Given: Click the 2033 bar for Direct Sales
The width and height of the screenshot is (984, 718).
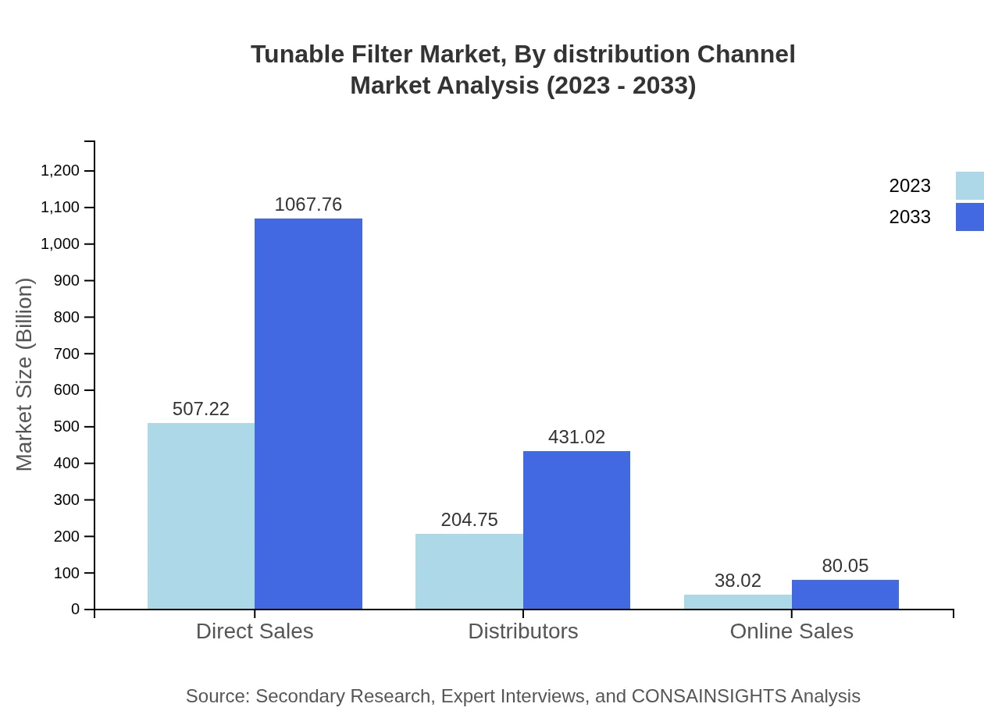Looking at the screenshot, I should tap(308, 414).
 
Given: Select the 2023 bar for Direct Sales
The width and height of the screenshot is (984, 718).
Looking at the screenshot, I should tap(201, 516).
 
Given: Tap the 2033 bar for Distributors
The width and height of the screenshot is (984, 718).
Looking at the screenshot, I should tap(576, 530).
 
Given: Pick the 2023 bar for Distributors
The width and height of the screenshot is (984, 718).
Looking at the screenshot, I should tap(469, 571).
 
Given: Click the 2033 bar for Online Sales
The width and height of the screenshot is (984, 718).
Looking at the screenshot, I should tap(845, 595).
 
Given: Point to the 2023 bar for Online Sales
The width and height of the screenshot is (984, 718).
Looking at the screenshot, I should tap(738, 602).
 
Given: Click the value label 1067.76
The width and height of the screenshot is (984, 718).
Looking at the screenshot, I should tap(308, 204).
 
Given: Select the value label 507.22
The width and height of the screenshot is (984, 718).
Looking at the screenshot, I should tap(201, 409).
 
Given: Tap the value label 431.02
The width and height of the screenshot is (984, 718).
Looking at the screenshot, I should tap(576, 437).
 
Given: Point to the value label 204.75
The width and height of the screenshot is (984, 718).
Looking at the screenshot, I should tap(469, 520).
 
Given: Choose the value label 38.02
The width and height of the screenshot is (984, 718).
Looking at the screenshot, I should tap(738, 581).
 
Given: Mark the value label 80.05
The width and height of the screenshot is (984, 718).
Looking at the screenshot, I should tap(845, 566).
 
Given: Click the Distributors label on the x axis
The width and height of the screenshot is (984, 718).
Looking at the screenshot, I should tap(523, 631).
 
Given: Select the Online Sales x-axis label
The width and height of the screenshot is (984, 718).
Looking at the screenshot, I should tap(791, 631).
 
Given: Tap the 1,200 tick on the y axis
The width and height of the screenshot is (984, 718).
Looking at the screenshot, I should tap(60, 171).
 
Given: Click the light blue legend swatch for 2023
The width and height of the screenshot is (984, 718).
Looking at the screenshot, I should tap(969, 186).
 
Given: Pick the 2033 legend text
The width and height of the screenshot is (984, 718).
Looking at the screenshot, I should tap(910, 217).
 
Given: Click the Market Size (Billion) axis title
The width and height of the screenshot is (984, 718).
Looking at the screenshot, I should tap(24, 375).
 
